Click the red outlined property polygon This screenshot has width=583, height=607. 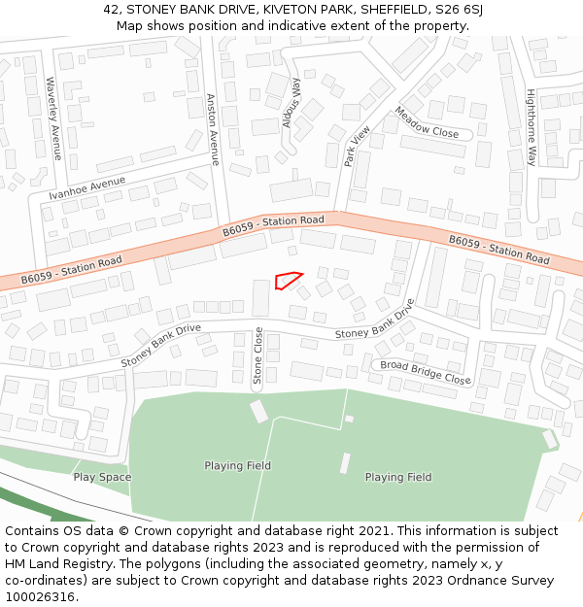pyautogui.click(x=288, y=280)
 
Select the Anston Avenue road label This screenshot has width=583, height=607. pyautogui.click(x=213, y=129)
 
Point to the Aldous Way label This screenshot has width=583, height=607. pyautogui.click(x=291, y=102)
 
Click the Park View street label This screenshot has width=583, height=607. pyautogui.click(x=357, y=145)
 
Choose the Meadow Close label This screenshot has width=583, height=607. pyautogui.click(x=426, y=122)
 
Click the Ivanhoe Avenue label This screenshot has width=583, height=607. pyautogui.click(x=87, y=188)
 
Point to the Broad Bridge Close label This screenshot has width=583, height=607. pyautogui.click(x=425, y=372)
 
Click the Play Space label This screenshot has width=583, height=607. pyautogui.click(x=102, y=477)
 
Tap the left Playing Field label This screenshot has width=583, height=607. pyautogui.click(x=237, y=466)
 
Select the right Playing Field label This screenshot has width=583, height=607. pyautogui.click(x=397, y=477)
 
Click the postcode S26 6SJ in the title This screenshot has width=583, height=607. pyautogui.click(x=460, y=10)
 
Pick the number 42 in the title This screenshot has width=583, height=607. pyautogui.click(x=111, y=10)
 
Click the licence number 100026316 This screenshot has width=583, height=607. pyautogui.click(x=40, y=597)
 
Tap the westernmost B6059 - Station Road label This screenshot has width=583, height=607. pyautogui.click(x=72, y=270)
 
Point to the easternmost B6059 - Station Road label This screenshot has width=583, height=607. pyautogui.click(x=498, y=249)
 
